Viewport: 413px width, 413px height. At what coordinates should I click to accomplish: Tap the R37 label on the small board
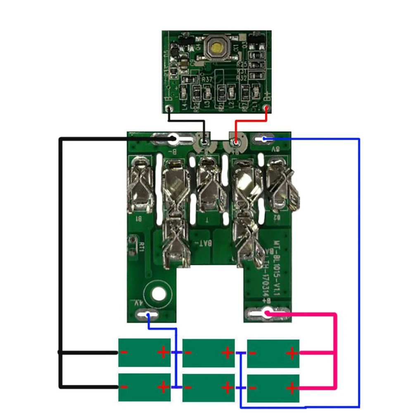click(x=207, y=78)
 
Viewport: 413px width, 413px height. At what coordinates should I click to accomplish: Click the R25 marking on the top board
click(x=242, y=64)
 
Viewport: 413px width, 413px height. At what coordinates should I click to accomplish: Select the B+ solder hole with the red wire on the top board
click(x=267, y=109)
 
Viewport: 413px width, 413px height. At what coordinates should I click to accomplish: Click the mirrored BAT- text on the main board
click(x=206, y=244)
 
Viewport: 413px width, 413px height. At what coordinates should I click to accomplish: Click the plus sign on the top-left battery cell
click(x=163, y=352)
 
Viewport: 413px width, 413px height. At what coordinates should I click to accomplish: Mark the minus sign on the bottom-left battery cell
click(x=124, y=387)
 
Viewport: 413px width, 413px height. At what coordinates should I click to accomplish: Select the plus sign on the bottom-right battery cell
click(x=292, y=388)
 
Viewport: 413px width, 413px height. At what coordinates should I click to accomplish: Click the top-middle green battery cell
click(x=208, y=353)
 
